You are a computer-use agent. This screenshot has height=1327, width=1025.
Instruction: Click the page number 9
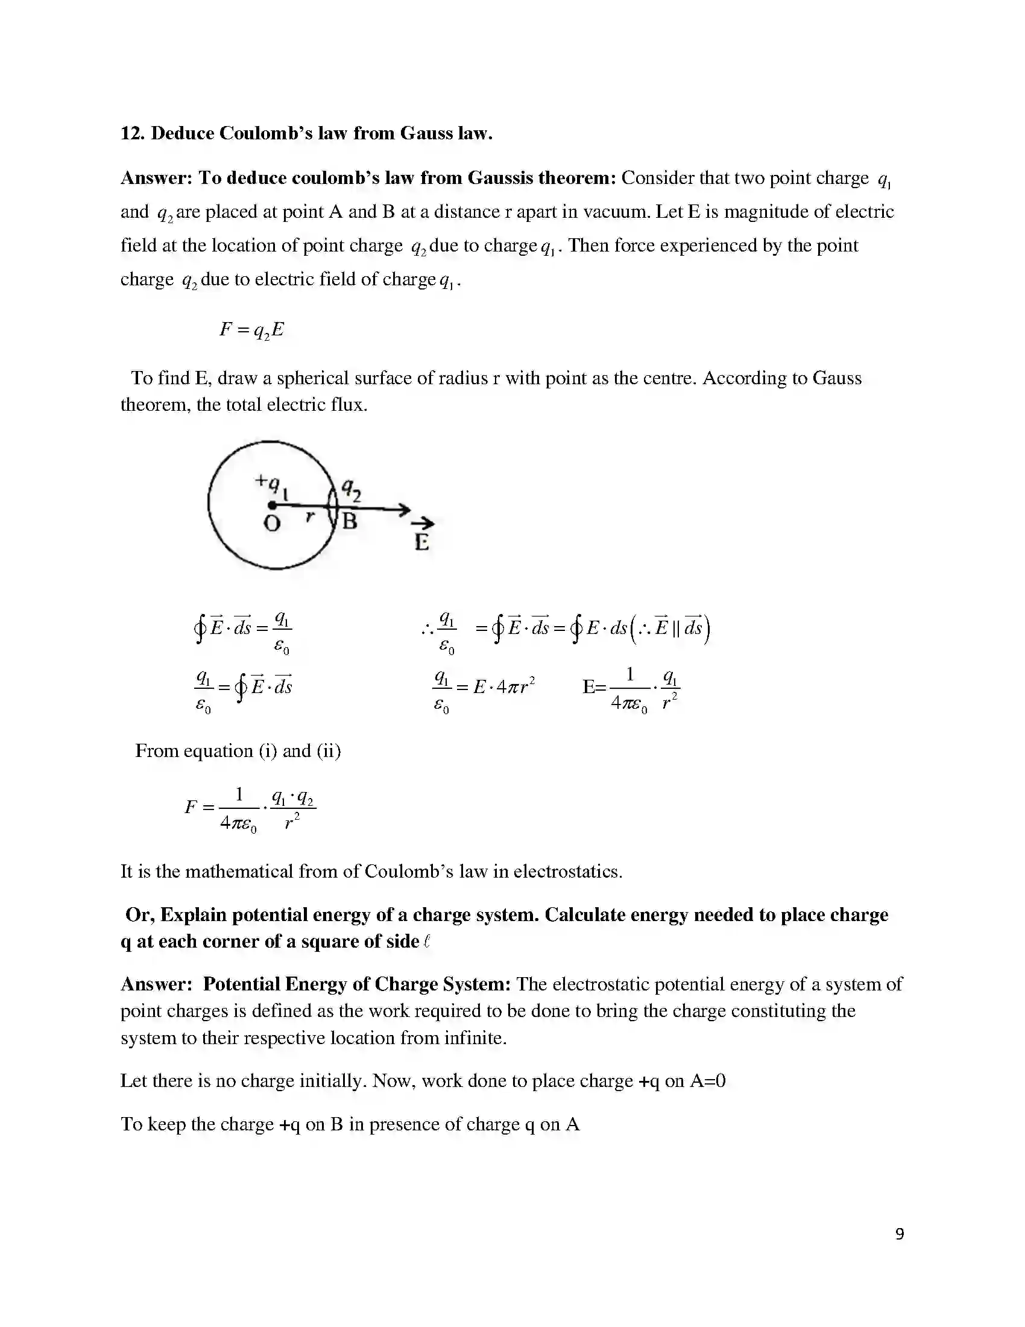pos(900,1234)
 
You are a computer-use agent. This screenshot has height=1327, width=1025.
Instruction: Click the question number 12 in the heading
pos(131,133)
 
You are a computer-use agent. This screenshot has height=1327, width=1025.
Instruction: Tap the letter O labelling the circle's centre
pos(272,523)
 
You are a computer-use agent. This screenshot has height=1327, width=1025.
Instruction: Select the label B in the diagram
pos(350,521)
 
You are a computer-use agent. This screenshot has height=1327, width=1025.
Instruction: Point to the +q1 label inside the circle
pos(271,485)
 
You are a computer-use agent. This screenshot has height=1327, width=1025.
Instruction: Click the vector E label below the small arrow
pos(422,542)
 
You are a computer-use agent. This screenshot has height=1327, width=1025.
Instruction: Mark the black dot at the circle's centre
pos(272,505)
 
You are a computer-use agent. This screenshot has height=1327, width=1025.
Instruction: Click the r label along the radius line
pos(311,517)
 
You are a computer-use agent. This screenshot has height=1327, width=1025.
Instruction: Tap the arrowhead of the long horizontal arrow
pos(404,509)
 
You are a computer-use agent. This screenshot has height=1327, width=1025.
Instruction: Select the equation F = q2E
pos(252,330)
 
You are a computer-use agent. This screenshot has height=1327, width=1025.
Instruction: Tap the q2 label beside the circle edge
pos(351,489)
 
